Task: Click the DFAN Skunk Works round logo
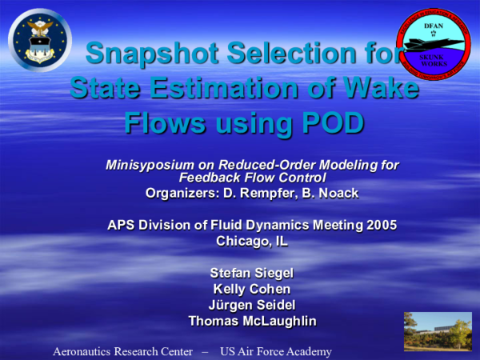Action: coord(432,42)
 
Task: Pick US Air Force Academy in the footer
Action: coord(275,351)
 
